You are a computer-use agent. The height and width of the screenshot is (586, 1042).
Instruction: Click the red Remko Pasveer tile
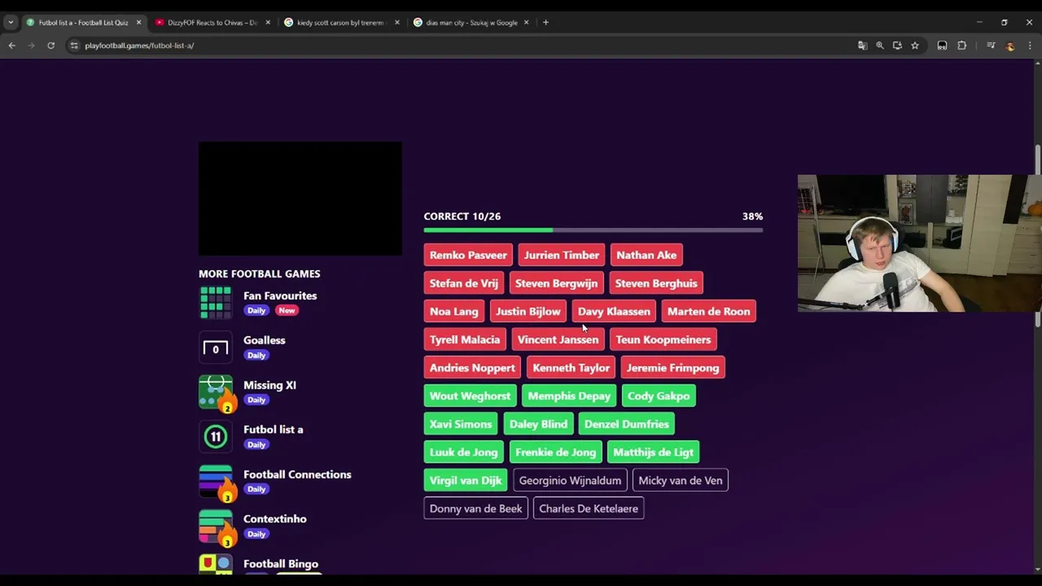click(468, 255)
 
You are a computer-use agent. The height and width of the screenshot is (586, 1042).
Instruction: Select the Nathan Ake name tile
click(646, 255)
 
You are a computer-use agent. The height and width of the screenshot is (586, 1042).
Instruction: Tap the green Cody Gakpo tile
click(659, 396)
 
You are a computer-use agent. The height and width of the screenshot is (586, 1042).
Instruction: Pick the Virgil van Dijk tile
click(466, 480)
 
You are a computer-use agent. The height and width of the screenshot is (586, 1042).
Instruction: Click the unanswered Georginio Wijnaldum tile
click(571, 480)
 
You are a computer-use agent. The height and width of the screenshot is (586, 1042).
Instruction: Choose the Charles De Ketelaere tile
click(589, 509)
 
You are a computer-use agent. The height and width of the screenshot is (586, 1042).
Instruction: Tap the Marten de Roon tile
click(709, 311)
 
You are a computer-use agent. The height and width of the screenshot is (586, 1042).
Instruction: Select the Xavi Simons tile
click(461, 424)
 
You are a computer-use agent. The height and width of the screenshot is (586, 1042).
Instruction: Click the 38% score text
click(752, 216)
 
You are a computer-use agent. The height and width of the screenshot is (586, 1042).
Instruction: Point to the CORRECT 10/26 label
click(462, 216)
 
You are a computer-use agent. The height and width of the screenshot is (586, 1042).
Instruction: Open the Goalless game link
click(265, 340)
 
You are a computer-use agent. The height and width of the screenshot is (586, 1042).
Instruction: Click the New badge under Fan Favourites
click(287, 310)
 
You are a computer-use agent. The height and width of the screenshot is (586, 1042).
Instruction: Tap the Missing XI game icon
click(216, 392)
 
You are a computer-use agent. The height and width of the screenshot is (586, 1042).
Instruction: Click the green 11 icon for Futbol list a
click(216, 437)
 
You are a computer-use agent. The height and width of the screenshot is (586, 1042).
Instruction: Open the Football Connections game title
click(297, 474)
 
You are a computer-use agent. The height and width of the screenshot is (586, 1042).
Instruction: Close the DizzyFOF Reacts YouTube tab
click(268, 22)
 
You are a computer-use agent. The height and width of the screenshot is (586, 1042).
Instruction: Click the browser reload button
click(51, 46)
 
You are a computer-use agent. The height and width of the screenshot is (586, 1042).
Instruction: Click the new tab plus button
click(545, 22)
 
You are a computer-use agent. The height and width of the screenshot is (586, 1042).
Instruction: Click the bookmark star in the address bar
click(915, 46)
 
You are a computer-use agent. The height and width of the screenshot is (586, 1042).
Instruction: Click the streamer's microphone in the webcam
click(891, 291)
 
